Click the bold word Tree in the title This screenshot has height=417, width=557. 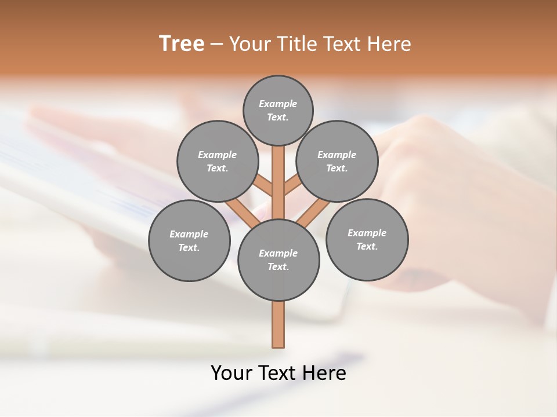pyautogui.click(x=182, y=44)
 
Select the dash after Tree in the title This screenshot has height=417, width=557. pyautogui.click(x=216, y=45)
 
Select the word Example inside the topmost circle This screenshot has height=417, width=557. pyautogui.click(x=278, y=104)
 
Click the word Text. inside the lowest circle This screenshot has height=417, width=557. pyautogui.click(x=278, y=267)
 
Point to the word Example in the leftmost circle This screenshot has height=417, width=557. pyautogui.click(x=189, y=235)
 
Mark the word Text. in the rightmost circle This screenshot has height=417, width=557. pyautogui.click(x=367, y=247)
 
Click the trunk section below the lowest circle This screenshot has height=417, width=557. pyautogui.click(x=278, y=324)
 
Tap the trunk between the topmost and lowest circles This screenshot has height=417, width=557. pyautogui.click(x=278, y=182)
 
